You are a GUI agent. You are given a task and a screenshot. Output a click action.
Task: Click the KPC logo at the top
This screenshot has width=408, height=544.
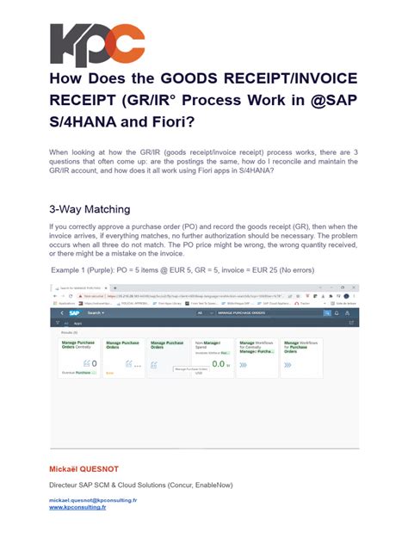(x=97, y=46)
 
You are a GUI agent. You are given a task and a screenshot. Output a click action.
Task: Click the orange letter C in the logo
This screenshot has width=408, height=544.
(x=125, y=46)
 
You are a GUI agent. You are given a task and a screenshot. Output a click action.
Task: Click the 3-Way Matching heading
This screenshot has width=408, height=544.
(x=90, y=208)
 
